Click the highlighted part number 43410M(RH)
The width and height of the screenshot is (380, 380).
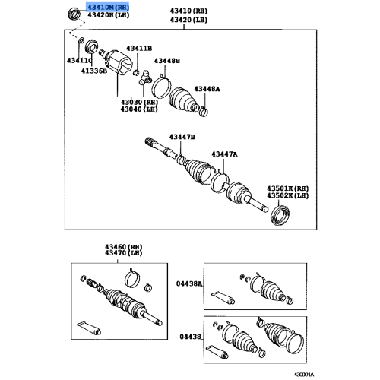(107, 6)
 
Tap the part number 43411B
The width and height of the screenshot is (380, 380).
(138, 48)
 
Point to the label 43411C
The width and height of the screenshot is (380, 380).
(79, 60)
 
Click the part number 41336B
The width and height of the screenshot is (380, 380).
(84, 71)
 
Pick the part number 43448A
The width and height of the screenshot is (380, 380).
(206, 88)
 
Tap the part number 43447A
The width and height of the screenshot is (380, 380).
(225, 154)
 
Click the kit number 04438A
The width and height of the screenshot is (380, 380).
(191, 283)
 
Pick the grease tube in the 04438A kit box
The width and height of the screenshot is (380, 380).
(225, 296)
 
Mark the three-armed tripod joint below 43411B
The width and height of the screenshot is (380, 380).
(144, 74)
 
